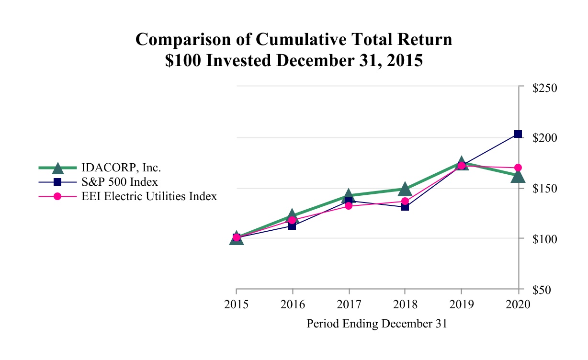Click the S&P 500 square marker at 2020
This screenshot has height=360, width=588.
coord(518,134)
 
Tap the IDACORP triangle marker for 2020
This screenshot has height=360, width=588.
coord(518,177)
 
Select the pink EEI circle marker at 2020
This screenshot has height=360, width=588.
coord(518,168)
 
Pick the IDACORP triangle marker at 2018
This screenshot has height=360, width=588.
coord(405,189)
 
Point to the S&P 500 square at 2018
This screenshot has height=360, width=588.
coord(405,207)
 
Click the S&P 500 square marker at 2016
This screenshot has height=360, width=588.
coord(292,225)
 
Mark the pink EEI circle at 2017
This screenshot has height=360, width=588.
coord(349,206)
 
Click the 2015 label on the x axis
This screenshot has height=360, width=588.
coord(236,304)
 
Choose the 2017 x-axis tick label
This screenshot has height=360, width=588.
coord(349,304)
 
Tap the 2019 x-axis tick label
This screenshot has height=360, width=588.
coord(461,304)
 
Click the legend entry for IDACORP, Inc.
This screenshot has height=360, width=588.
coord(121,168)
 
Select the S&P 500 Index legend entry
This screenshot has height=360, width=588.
coord(120,182)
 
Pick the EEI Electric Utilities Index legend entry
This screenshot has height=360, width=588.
coord(149,196)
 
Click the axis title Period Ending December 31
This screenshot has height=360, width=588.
coord(376,324)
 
